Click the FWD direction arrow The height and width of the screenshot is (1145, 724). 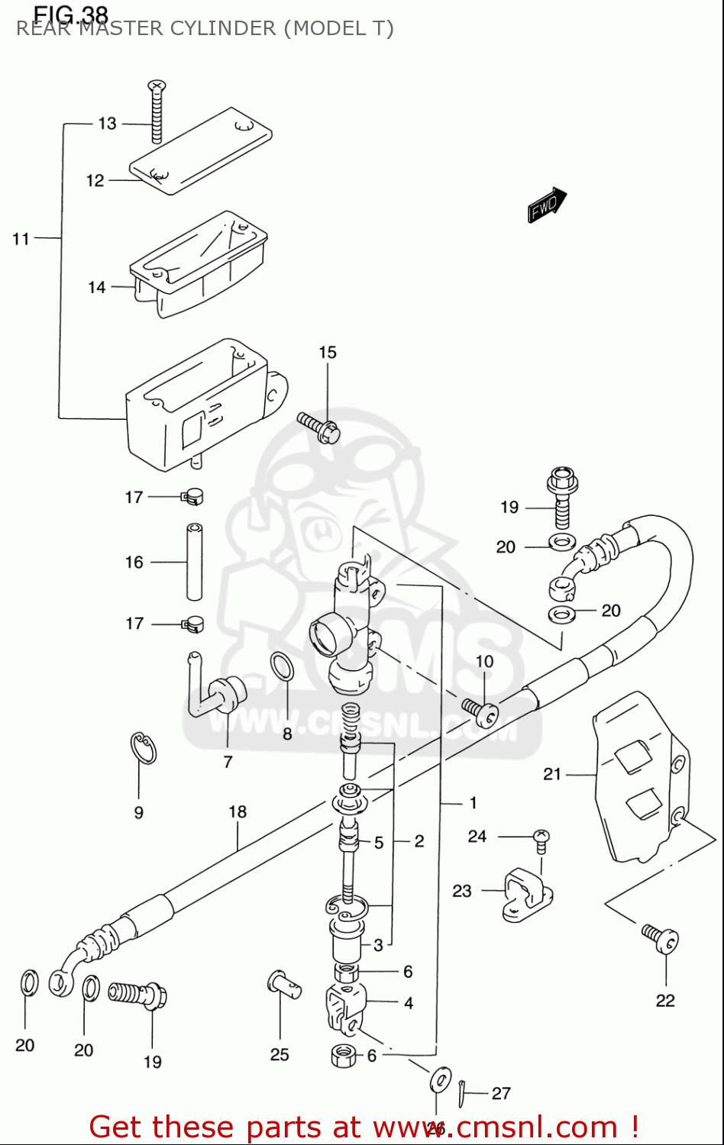(547, 205)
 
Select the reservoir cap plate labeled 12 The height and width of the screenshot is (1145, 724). (201, 151)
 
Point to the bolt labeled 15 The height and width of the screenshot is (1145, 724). (319, 427)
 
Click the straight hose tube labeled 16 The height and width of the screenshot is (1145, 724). (195, 562)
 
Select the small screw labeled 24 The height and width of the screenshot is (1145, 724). (541, 840)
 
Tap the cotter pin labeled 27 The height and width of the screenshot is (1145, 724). (463, 1093)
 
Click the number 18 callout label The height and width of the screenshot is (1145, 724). (238, 811)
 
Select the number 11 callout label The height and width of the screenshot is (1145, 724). (21, 239)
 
